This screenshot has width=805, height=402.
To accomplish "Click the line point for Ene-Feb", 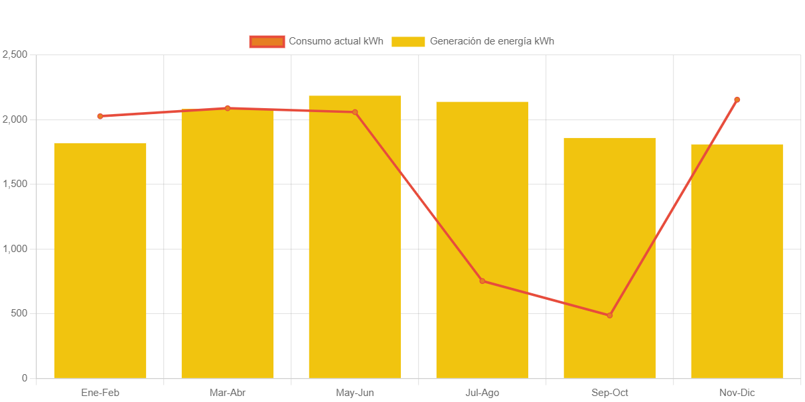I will pos(100,116).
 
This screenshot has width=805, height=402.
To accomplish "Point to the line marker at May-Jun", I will pos(355,112).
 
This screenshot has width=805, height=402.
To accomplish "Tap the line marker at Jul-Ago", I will pos(482,281).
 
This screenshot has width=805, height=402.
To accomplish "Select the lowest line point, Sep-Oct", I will pos(610,315).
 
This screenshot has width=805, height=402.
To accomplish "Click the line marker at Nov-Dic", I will pos(737,100).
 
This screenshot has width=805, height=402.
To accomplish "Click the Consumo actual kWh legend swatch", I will pos(267,41).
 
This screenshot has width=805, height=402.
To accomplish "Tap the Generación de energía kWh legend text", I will pos(492,41).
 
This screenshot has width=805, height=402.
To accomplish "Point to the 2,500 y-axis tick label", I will pos(15,54).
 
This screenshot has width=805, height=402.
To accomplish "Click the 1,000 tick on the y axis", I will pos(15,249).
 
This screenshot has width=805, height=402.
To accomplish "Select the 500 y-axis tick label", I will pos(18,313).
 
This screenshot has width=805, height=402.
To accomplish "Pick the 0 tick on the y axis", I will pos(25,378).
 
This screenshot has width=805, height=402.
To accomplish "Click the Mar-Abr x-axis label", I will pos(228,393).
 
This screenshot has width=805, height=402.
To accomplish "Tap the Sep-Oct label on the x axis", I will pos(610,393).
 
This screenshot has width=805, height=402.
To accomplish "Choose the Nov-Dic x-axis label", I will pos(737,393).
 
